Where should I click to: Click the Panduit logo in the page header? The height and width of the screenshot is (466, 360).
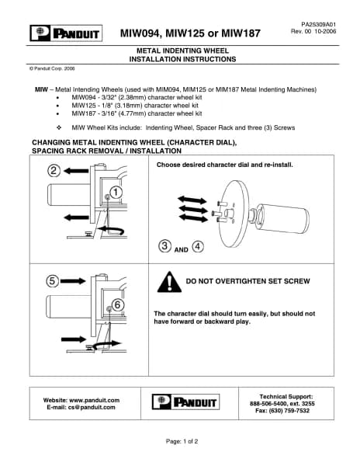66,33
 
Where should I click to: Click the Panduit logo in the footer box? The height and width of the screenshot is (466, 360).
185,402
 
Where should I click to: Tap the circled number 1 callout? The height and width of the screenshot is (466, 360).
116,193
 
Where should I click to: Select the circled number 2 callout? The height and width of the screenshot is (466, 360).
54,171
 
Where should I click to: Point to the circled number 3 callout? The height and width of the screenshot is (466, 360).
164,246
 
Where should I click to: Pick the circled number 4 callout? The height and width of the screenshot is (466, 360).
198,246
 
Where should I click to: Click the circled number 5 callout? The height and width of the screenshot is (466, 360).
52,281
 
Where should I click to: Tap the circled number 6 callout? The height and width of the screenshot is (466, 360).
117,304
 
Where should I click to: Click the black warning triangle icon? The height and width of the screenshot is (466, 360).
169,282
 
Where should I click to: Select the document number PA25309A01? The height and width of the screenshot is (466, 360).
318,24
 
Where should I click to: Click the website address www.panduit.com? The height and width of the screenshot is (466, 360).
95,400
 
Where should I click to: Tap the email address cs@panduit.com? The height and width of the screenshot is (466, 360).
92,407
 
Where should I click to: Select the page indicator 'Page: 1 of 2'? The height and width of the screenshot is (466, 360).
182,441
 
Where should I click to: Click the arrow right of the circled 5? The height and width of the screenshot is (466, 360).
73,281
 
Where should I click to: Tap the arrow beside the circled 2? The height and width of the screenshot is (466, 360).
76,171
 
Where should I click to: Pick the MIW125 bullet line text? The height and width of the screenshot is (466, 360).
135,106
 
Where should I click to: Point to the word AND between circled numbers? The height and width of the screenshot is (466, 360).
181,250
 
